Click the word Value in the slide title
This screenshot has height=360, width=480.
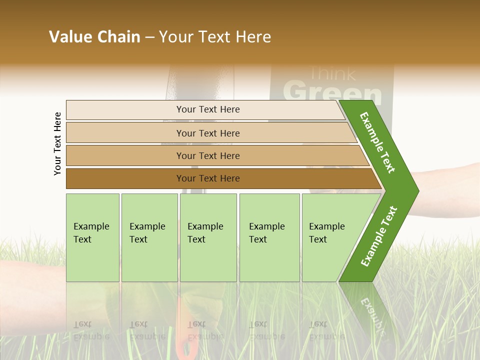tap(69, 37)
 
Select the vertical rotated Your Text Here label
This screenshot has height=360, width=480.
tap(57, 143)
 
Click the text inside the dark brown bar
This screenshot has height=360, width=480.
tap(208, 178)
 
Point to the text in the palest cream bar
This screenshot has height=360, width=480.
tap(208, 109)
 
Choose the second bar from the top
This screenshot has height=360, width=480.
tap(208, 133)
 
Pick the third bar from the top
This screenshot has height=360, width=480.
tap(208, 155)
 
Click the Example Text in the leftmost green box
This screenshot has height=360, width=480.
tap(91, 233)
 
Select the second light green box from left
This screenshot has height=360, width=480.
tap(149, 237)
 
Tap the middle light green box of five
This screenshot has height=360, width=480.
tap(208, 237)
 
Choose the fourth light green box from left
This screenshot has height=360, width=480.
tap(269, 237)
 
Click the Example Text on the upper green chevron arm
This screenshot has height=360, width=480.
tap(377, 142)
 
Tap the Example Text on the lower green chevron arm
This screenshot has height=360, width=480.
tap(379, 236)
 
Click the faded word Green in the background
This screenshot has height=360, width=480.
tap(332, 92)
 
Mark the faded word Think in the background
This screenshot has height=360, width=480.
tap(332, 74)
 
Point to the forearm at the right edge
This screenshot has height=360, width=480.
tap(450, 190)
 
